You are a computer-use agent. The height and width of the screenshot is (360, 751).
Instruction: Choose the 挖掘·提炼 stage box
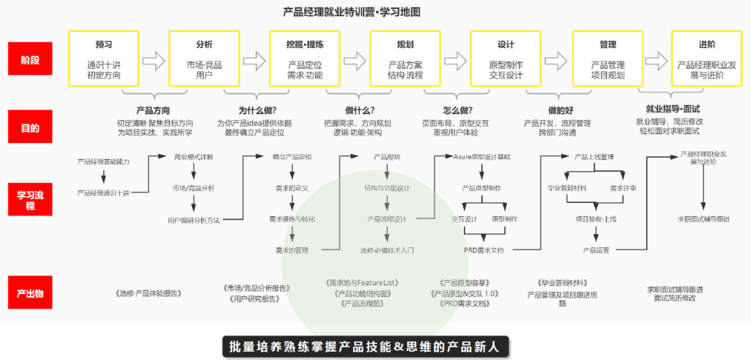[305, 58]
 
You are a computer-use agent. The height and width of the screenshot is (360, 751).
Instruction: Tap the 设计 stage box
[506, 58]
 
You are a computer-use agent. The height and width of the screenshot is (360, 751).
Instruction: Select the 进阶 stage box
[706, 58]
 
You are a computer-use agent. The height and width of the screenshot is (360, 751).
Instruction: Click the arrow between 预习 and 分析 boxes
[154, 58]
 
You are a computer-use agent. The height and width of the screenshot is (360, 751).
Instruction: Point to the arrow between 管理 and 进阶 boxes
[656, 58]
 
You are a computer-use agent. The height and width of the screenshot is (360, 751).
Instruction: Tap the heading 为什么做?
[257, 110]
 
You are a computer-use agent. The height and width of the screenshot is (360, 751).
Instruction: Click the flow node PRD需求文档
[484, 249]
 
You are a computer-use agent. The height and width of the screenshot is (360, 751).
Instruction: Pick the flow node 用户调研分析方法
[193, 220]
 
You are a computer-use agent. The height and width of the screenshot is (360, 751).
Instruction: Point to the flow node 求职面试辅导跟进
[704, 219]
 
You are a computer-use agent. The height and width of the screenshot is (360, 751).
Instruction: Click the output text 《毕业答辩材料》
[562, 283]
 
